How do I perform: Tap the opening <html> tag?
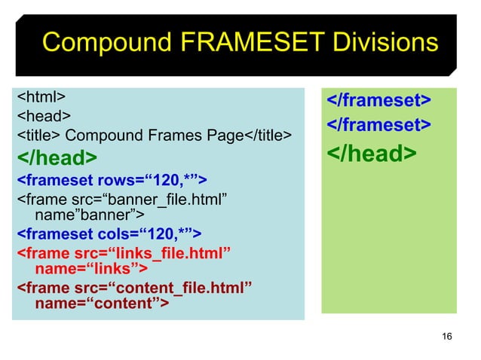41,97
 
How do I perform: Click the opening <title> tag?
39,136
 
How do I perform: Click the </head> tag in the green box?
370,154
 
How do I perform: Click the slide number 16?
447,336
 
